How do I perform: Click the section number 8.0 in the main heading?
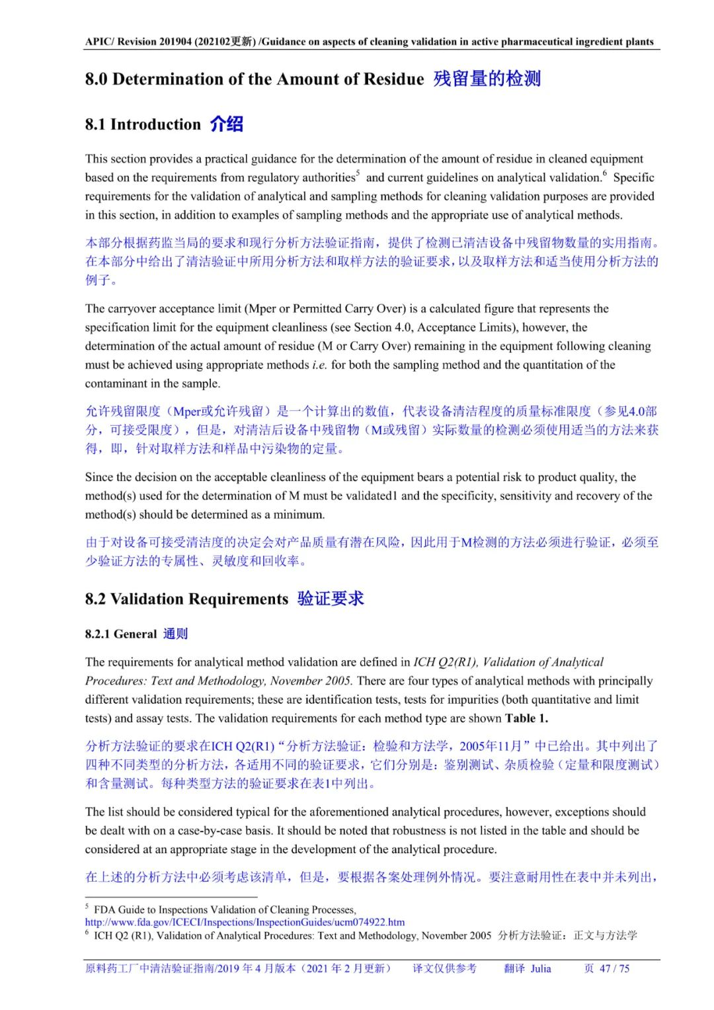[x=96, y=79]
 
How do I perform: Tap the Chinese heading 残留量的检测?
[x=487, y=79]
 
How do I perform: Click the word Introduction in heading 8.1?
[x=155, y=124]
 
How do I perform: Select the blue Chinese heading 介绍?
[x=227, y=124]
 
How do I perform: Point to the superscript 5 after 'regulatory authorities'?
[x=358, y=173]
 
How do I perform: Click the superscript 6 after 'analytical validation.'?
[x=604, y=173]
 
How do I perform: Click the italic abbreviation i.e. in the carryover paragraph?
[x=319, y=365]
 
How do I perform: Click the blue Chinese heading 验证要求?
[x=331, y=599]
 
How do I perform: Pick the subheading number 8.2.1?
[x=98, y=634]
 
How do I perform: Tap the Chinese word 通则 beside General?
[x=175, y=634]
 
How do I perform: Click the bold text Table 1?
[x=526, y=718]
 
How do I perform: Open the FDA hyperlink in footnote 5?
[x=245, y=922]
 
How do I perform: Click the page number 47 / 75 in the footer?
[x=614, y=968]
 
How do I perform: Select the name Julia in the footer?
[x=540, y=968]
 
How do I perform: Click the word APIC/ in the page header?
[x=99, y=42]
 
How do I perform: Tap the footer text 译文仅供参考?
[x=444, y=968]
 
